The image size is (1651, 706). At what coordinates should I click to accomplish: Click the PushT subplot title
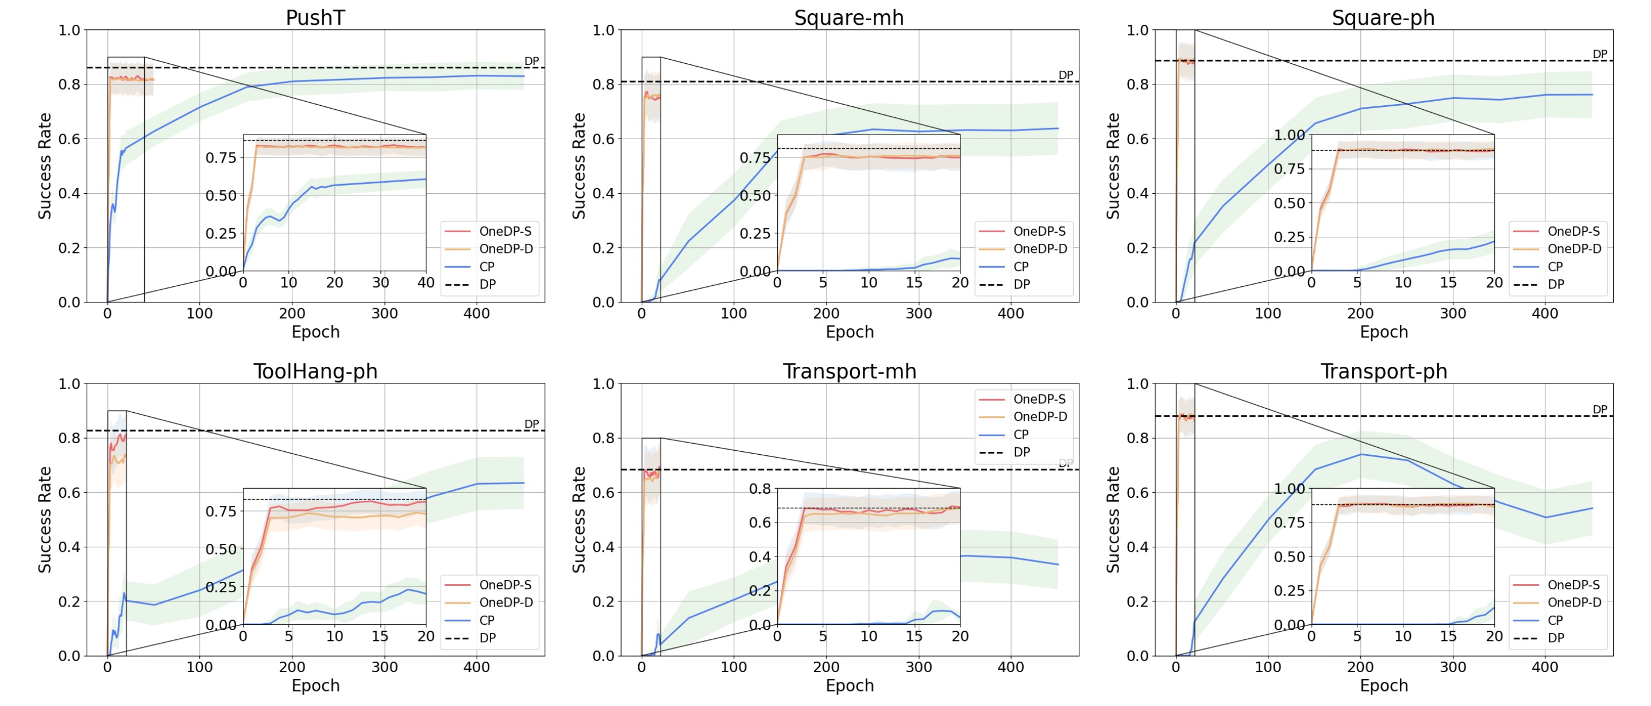pyautogui.click(x=315, y=17)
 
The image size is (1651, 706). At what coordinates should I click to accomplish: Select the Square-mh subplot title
pyautogui.click(x=848, y=17)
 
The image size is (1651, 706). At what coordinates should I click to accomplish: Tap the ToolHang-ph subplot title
pyautogui.click(x=315, y=371)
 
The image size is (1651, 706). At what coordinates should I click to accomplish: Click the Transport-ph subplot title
pyautogui.click(x=1383, y=371)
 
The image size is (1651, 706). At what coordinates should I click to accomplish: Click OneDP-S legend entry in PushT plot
pyautogui.click(x=504, y=232)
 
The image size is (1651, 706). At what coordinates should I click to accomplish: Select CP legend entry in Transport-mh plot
pyautogui.click(x=1021, y=434)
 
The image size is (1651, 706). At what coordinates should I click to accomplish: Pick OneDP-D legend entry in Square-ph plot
pyautogui.click(x=1573, y=249)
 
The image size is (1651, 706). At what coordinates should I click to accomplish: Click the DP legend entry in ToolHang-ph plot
pyautogui.click(x=487, y=638)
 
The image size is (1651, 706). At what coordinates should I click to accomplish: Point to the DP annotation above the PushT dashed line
pyautogui.click(x=531, y=61)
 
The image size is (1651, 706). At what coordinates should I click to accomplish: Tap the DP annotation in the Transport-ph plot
pyautogui.click(x=1600, y=409)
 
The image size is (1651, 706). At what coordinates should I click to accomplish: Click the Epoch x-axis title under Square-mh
pyautogui.click(x=849, y=332)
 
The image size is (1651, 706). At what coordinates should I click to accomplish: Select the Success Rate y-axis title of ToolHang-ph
pyautogui.click(x=44, y=519)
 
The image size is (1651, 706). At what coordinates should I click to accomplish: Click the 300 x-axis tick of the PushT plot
pyautogui.click(x=384, y=313)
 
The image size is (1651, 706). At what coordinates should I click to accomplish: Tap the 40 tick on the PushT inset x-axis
pyautogui.click(x=426, y=283)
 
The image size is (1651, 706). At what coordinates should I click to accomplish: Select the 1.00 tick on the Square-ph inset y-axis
pyautogui.click(x=1289, y=135)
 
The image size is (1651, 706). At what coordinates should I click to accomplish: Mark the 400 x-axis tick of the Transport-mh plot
pyautogui.click(x=1010, y=667)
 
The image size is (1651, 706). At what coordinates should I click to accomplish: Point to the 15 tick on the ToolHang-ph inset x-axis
pyautogui.click(x=380, y=636)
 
